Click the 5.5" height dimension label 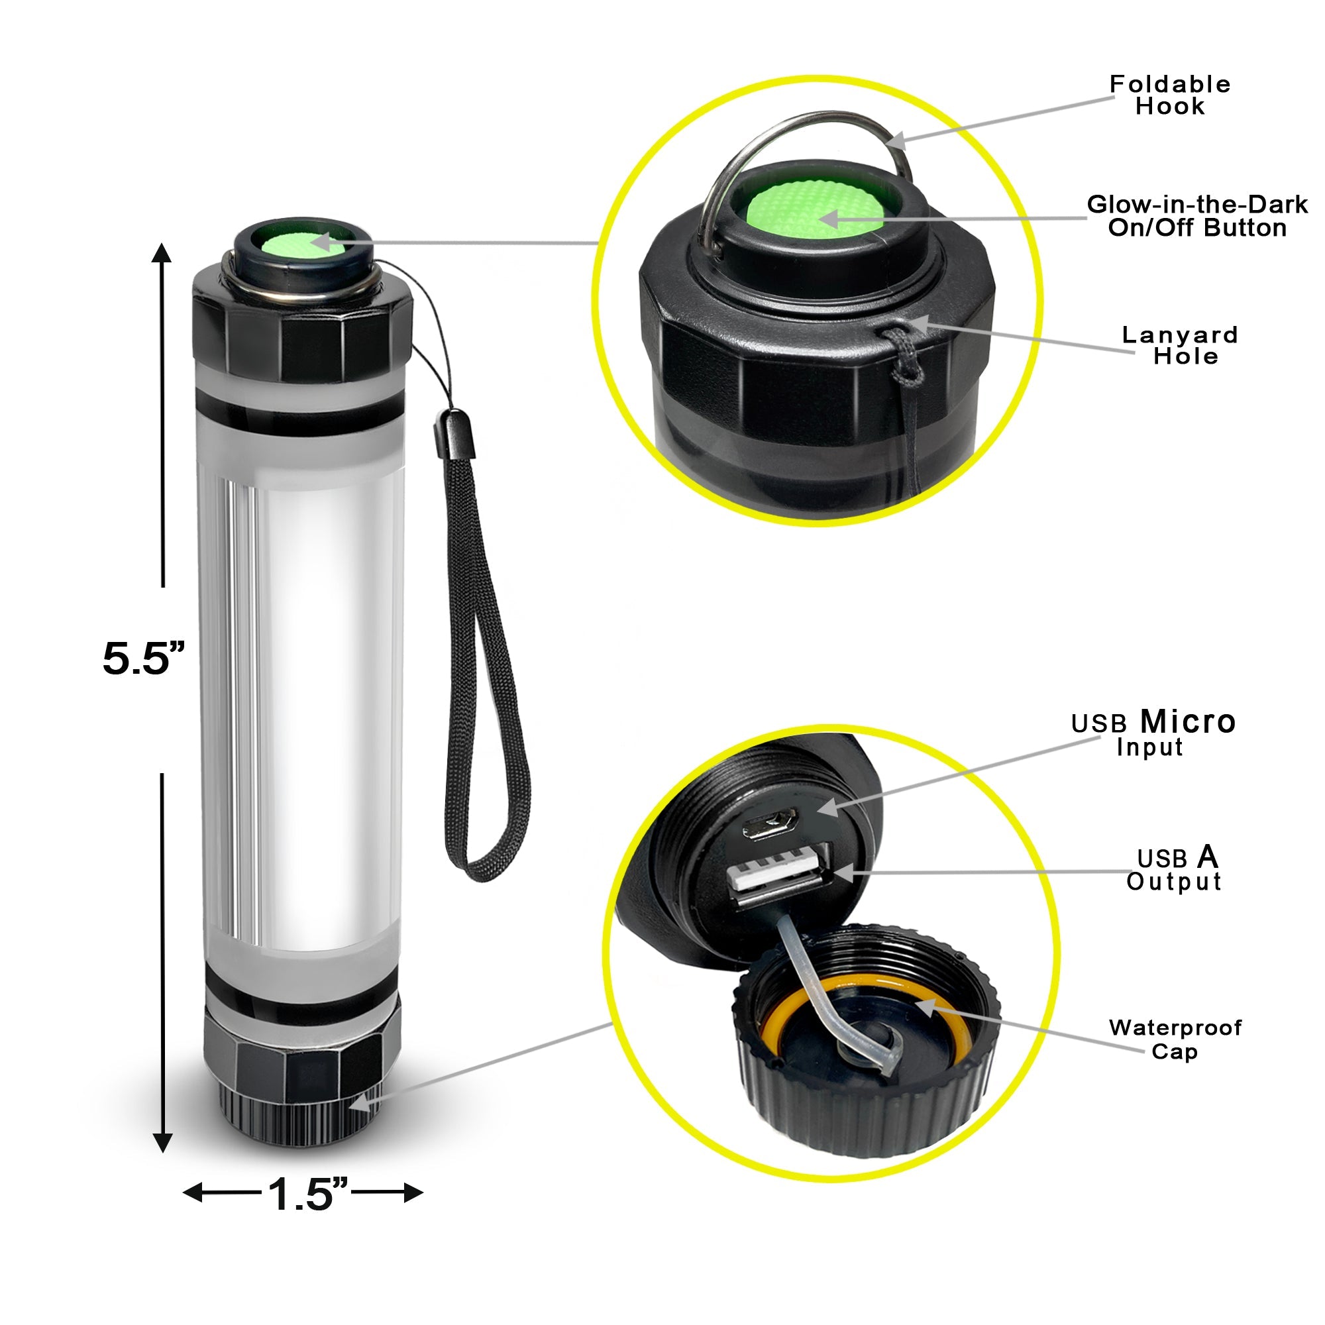pos(144,659)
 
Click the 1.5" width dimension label pos(307,1193)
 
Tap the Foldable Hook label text pos(1169,95)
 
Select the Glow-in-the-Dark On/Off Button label pos(1196,216)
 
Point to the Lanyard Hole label pos(1180,345)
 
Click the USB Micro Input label pos(1153,734)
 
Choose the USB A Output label pos(1173,870)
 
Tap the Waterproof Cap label pos(1175,1039)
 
